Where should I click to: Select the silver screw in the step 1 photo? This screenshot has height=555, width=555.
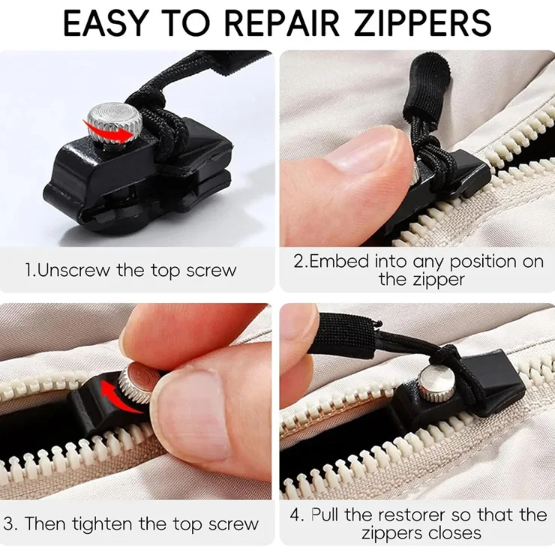(x=115, y=126)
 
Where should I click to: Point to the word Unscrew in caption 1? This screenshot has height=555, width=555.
(x=73, y=271)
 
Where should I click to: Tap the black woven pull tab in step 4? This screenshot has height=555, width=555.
(x=340, y=334)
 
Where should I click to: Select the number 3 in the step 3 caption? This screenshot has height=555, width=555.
(x=8, y=523)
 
